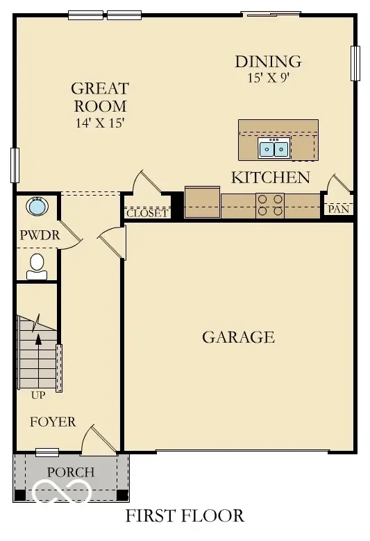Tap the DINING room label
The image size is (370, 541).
click(268, 62)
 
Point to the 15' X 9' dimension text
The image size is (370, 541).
click(268, 78)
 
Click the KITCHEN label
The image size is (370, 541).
click(270, 178)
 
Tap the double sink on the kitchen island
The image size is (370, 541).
click(274, 148)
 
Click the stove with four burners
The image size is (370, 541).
click(271, 205)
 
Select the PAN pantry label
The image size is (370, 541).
click(338, 209)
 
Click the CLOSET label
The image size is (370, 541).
click(146, 213)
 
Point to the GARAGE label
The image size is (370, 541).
click(238, 338)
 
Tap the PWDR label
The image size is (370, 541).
click(39, 236)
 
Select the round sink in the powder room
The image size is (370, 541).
click(36, 207)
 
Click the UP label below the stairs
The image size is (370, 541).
click(38, 396)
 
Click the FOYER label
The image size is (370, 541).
click(53, 422)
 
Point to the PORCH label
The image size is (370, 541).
click(70, 472)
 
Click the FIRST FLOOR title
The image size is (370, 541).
click(185, 516)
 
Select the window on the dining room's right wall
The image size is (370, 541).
click(355, 64)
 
